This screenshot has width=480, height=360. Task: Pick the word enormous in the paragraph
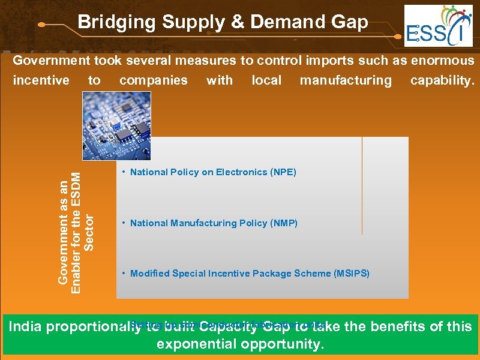(440, 61)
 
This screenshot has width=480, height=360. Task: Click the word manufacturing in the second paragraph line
(346, 80)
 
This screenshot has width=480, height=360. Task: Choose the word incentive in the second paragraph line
(41, 80)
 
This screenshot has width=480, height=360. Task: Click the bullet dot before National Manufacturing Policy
(122, 223)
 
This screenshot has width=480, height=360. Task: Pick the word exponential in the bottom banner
(196, 344)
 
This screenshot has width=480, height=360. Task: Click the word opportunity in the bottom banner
(282, 345)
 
